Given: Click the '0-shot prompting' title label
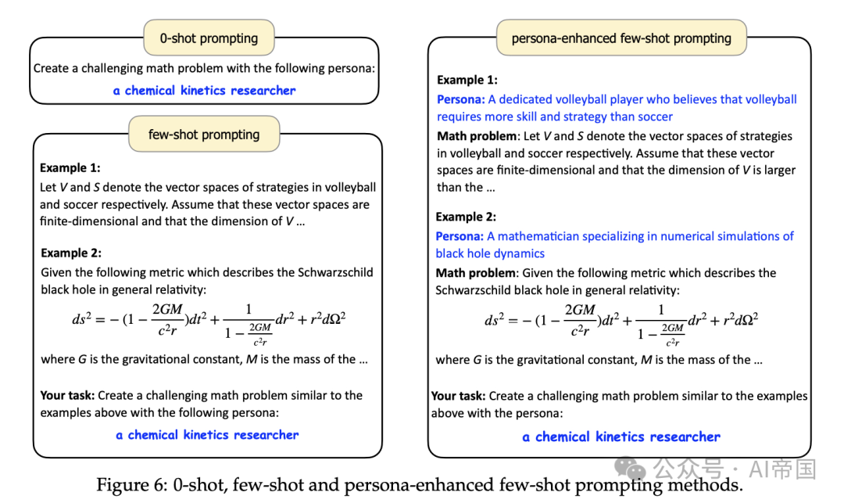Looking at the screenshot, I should (209, 38).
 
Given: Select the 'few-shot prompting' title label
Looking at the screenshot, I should (204, 135).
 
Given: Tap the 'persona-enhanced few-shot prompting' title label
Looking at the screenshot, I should (621, 38).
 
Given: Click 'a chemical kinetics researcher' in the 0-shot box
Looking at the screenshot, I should (205, 91).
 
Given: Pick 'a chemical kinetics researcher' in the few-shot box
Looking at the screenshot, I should (207, 435).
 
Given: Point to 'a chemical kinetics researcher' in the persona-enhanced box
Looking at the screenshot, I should (621, 437).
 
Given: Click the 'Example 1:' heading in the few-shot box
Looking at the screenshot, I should (70, 167).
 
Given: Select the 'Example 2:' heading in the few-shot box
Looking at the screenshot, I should (71, 253).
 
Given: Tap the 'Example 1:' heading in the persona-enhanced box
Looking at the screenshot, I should (467, 80).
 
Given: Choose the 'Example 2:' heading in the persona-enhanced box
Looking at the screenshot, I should (466, 217).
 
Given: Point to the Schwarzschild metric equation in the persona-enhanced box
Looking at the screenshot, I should (621, 319).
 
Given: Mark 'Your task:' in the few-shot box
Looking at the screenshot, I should (67, 395).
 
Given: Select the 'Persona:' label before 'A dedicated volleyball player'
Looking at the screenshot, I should (460, 99).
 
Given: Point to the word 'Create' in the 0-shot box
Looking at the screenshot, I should (52, 68).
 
